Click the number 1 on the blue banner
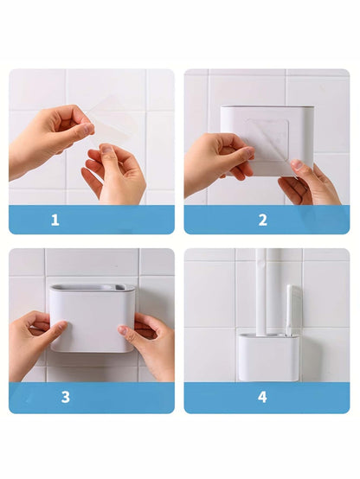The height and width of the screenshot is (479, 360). pos(55,220)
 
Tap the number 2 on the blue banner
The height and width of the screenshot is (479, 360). pos(262,220)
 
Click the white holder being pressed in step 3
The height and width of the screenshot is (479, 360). pos(91,320)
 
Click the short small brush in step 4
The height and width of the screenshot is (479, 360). pos(291,311)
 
